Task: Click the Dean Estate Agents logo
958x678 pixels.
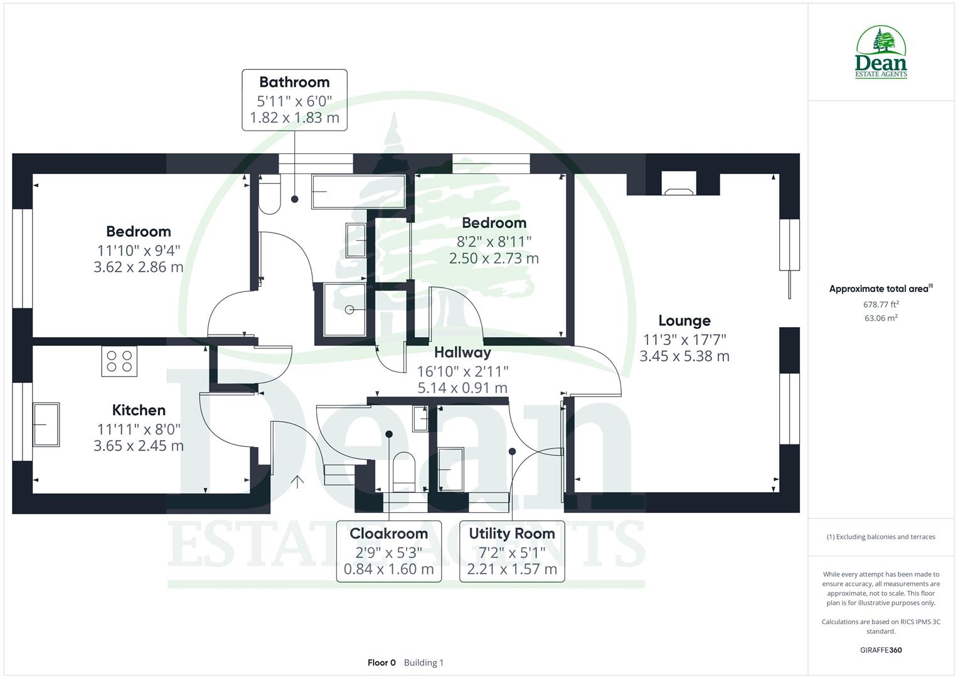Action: tap(881, 53)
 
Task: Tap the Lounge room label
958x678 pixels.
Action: tap(684, 321)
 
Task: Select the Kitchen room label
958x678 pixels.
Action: tap(139, 411)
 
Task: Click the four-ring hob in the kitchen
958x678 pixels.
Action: tap(119, 362)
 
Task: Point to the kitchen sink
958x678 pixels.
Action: tap(46, 424)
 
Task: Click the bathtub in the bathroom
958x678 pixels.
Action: tap(358, 191)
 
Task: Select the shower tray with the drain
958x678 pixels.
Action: tap(344, 310)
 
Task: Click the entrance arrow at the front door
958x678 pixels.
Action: tap(297, 482)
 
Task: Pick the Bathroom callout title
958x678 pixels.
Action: tap(294, 82)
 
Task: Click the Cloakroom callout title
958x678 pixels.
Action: tap(388, 534)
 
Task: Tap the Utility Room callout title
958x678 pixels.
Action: tap(512, 534)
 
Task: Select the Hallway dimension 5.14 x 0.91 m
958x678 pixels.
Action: tap(462, 389)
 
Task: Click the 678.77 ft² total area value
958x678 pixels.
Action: tap(881, 304)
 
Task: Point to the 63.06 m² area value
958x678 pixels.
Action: tap(881, 318)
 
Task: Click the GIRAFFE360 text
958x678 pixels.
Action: tap(881, 650)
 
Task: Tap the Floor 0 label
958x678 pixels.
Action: tap(381, 663)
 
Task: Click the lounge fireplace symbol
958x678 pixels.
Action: tap(679, 185)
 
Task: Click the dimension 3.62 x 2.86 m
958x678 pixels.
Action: tap(139, 267)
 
